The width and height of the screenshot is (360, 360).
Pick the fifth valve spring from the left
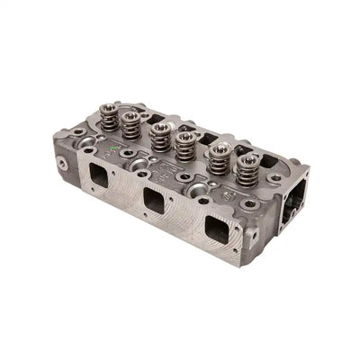[217, 163]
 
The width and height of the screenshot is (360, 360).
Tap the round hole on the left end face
[62, 163]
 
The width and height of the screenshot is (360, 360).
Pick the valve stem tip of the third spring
[161, 127]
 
